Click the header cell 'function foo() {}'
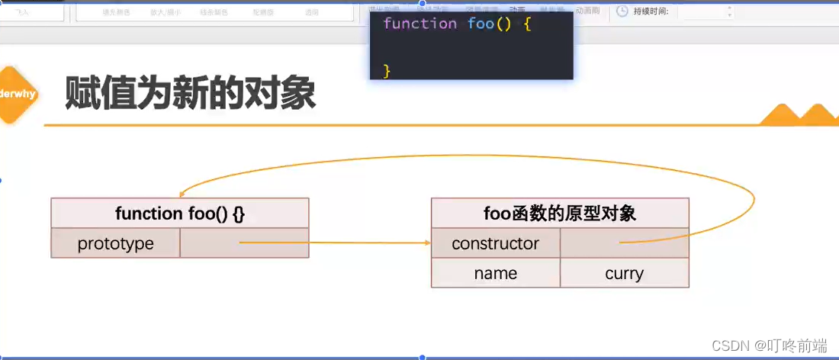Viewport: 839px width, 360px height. [x=180, y=214]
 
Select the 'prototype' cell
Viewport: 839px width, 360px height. [x=116, y=243]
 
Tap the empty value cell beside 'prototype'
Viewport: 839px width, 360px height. [x=244, y=243]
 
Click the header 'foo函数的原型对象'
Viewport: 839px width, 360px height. [x=560, y=214]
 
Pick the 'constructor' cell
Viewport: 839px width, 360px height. [x=495, y=243]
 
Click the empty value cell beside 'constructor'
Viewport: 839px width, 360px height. [x=624, y=243]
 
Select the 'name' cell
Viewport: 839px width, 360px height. [x=495, y=273]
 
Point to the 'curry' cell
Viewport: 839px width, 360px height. [x=624, y=273]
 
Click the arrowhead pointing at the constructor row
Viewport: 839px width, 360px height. [x=427, y=243]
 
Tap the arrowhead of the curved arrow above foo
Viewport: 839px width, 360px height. [x=181, y=194]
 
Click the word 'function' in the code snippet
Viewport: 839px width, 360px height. [x=419, y=24]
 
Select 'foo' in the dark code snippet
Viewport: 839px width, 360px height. [x=481, y=24]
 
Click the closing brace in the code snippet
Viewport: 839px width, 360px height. [x=387, y=70]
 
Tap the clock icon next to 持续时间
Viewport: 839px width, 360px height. [x=622, y=11]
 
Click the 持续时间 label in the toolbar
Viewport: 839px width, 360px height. [x=651, y=11]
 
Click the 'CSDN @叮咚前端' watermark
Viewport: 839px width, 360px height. [x=769, y=346]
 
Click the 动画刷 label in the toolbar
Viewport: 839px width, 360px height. [x=588, y=11]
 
